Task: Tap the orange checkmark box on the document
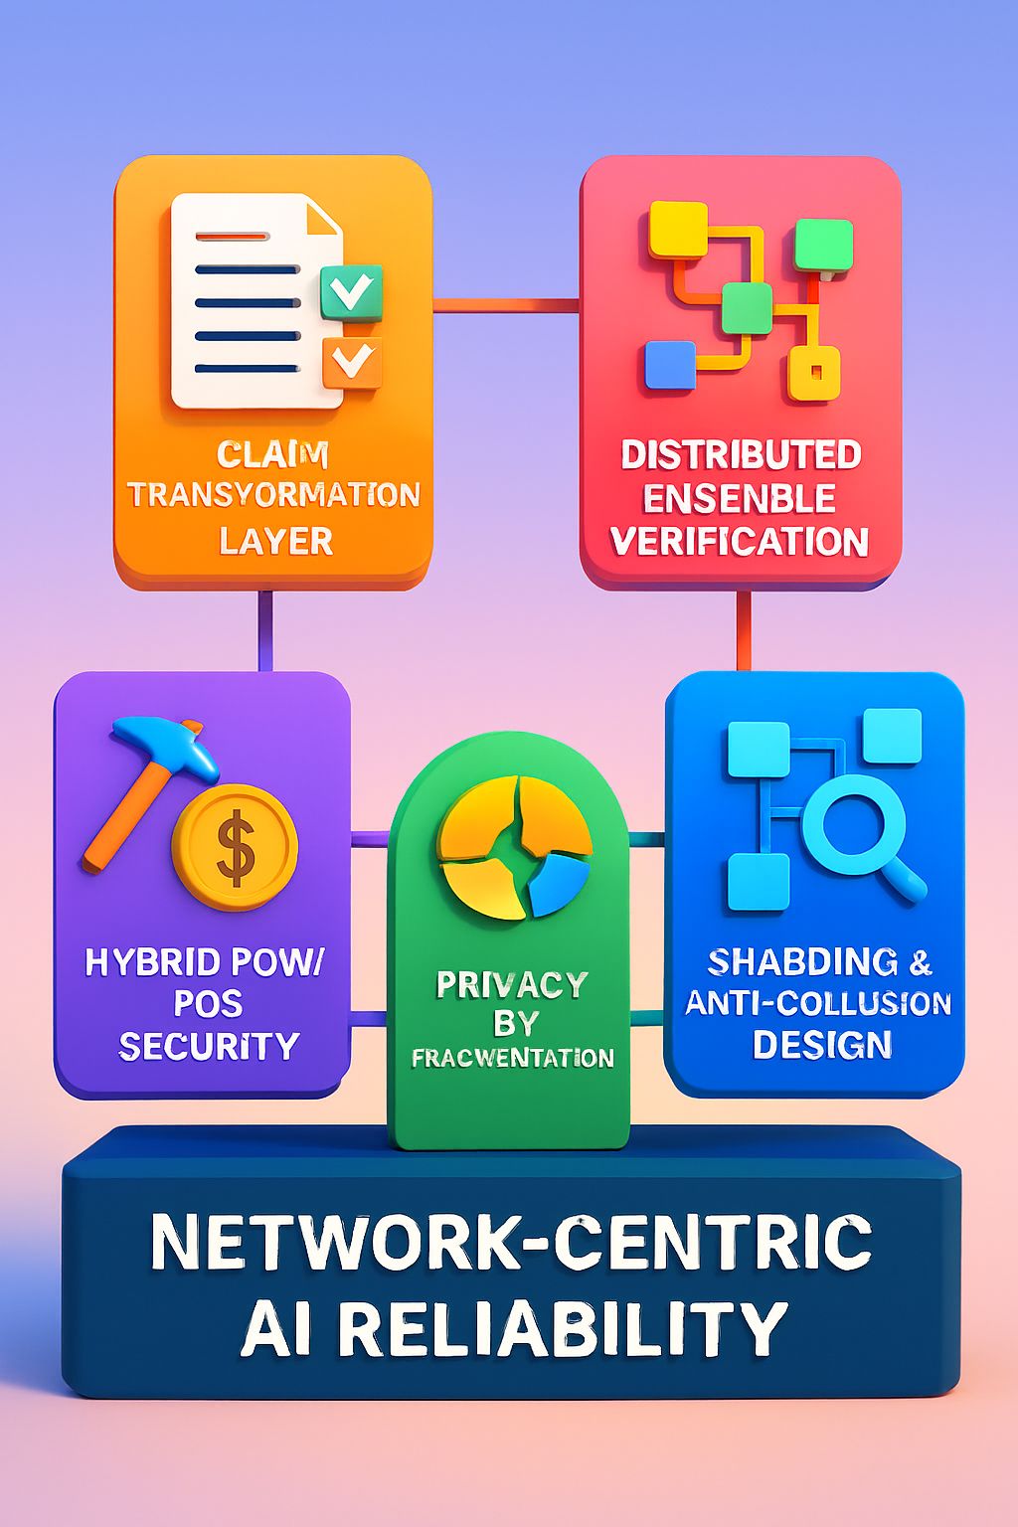351,361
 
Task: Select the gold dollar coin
235,847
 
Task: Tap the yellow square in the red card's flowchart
677,230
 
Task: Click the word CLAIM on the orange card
272,455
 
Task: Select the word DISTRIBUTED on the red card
741,454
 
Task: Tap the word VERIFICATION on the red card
740,542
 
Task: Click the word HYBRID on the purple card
152,962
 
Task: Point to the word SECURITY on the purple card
209,1046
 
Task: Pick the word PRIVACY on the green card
512,984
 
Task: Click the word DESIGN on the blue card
821,1045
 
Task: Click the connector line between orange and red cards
506,304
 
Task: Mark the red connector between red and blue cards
744,630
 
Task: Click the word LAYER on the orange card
275,541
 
